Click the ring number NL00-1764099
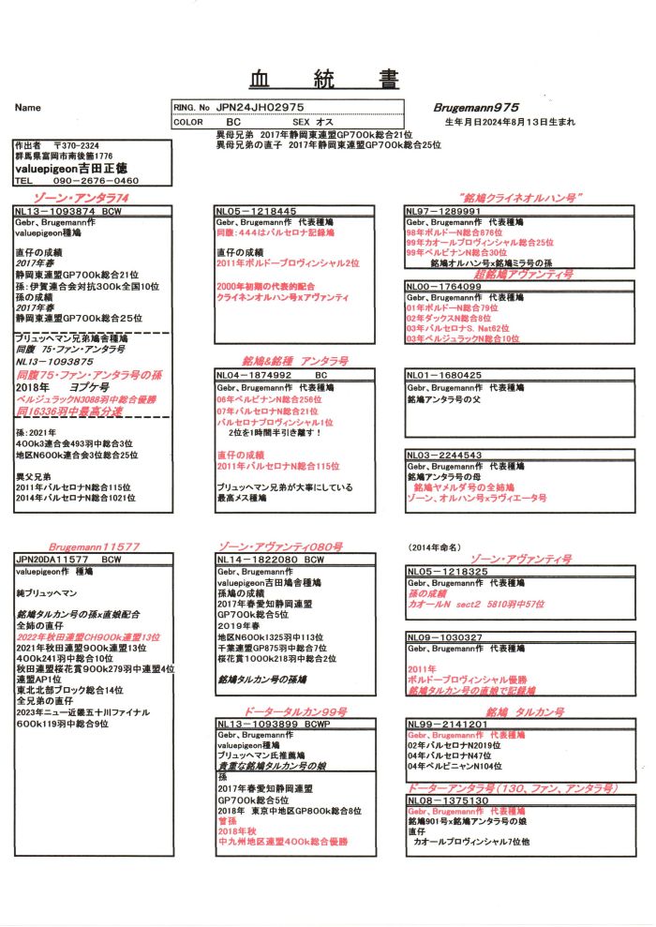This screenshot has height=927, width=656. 444,285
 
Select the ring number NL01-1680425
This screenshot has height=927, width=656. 444,375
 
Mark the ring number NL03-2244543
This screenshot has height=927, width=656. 444,455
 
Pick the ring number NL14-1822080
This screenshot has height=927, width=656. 256,559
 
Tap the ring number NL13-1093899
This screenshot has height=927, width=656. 256,724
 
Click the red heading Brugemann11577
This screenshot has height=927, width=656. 94,546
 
